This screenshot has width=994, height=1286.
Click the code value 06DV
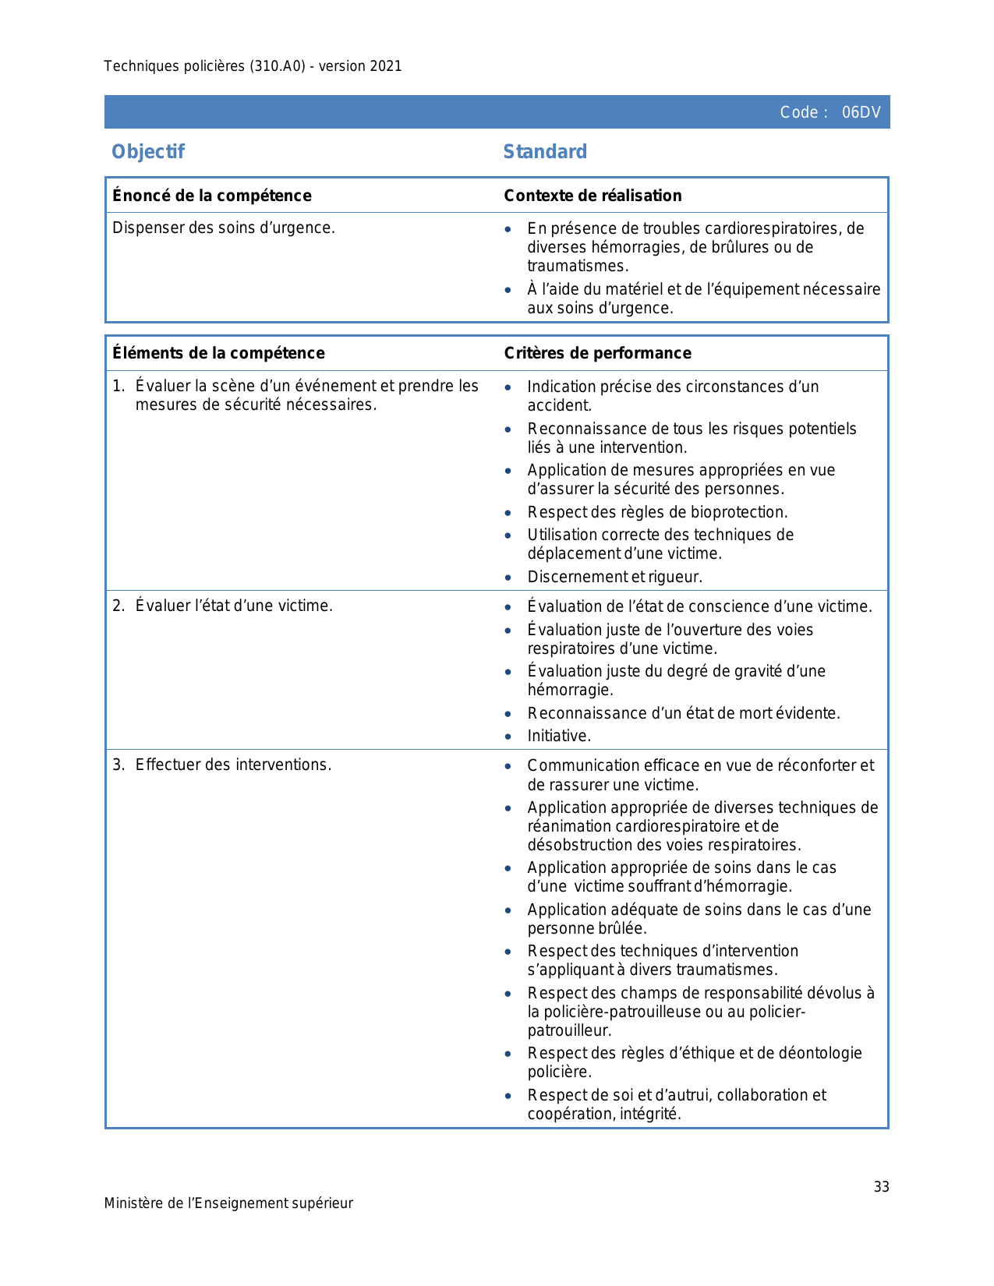click(x=861, y=112)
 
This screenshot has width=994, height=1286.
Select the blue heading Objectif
click(x=148, y=151)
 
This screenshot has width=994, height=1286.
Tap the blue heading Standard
click(x=545, y=151)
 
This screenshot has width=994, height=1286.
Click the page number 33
click(x=881, y=1186)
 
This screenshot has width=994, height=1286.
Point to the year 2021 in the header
click(x=386, y=66)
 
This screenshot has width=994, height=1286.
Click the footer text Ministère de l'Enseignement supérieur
click(x=228, y=1203)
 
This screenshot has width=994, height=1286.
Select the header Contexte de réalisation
click(x=593, y=196)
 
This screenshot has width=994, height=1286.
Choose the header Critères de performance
click(x=597, y=353)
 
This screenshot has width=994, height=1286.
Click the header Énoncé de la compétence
click(x=212, y=196)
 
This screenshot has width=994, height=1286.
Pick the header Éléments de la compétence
click(x=218, y=353)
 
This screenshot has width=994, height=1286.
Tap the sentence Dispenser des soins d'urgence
click(x=224, y=228)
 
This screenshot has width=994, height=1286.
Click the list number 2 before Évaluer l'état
click(x=117, y=606)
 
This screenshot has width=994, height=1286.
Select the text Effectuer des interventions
click(x=233, y=765)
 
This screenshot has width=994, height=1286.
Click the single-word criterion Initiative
click(x=559, y=736)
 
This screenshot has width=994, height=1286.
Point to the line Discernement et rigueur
click(x=614, y=577)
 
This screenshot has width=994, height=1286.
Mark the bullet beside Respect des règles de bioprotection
click(x=508, y=513)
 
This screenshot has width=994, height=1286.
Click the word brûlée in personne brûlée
click(x=622, y=928)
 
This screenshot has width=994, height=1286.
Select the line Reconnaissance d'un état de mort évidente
click(x=684, y=713)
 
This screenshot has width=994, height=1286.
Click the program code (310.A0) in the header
click(x=278, y=66)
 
